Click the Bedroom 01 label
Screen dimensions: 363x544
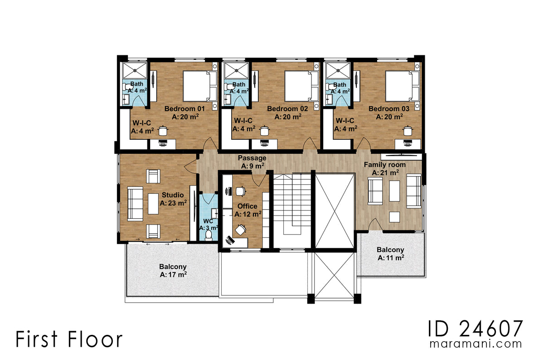coord(185,109)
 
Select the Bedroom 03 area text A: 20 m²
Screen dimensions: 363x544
coord(389,117)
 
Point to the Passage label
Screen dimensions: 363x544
coord(252,158)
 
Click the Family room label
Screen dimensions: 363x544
coord(384,165)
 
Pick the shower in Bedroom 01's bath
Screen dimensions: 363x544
coord(135,70)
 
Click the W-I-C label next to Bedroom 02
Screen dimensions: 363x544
coord(243,121)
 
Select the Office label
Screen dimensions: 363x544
coord(247,206)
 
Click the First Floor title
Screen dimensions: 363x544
coord(69,339)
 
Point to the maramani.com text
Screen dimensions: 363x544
coord(476,344)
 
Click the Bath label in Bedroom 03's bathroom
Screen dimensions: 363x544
coord(340,85)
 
